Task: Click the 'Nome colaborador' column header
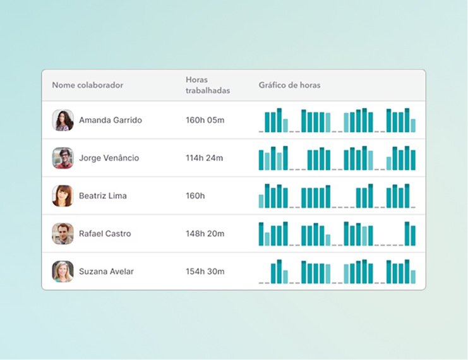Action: click(87, 85)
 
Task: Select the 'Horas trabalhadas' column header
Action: click(208, 85)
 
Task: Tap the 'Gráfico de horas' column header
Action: click(289, 85)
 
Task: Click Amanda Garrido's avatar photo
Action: click(63, 120)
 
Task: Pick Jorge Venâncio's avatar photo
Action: click(63, 158)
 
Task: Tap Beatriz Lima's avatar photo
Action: click(63, 196)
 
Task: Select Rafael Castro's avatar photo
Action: click(63, 234)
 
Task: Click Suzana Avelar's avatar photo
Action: click(63, 272)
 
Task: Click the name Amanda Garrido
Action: click(110, 120)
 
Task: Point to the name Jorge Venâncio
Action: click(109, 158)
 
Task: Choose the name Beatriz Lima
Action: click(102, 196)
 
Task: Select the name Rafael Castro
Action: click(105, 234)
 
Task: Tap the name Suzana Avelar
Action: click(106, 272)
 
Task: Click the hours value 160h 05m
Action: click(205, 120)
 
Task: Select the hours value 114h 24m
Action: click(205, 158)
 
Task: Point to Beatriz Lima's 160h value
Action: click(195, 196)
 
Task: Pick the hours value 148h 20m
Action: click(205, 234)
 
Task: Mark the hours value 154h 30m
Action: click(205, 272)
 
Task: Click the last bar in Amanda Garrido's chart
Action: click(413, 126)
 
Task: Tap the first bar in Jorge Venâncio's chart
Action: click(261, 160)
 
